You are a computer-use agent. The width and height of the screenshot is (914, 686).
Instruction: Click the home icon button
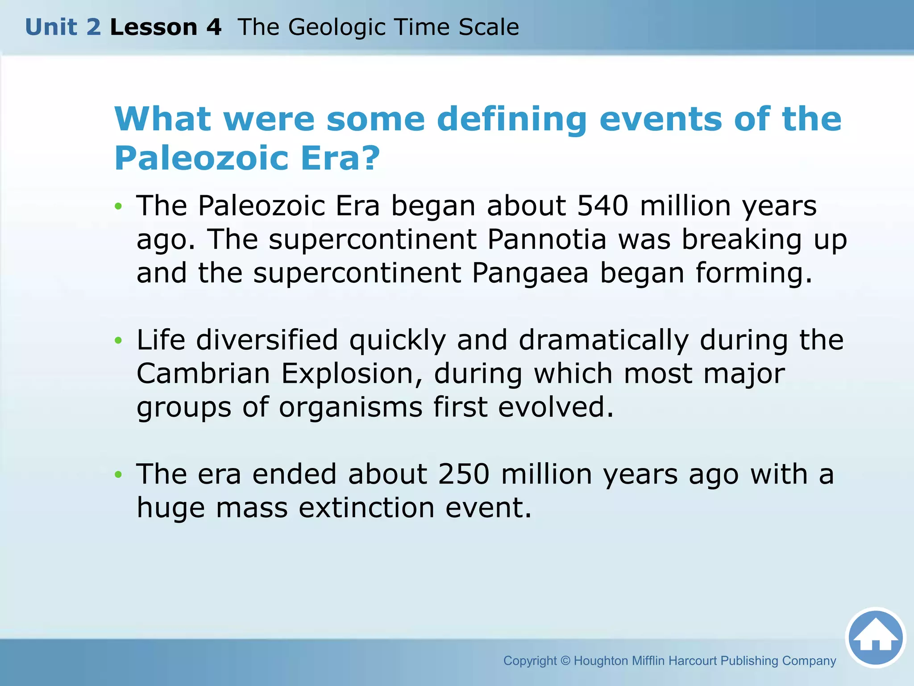coord(875,638)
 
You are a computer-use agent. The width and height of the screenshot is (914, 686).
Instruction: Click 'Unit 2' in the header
coord(63,27)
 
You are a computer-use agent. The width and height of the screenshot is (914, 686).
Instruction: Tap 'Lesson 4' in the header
coord(166,27)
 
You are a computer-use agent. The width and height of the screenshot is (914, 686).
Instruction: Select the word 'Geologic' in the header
coord(337,27)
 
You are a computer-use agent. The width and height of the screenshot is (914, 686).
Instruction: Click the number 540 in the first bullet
coord(602,206)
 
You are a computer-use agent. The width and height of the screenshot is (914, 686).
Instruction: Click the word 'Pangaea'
coord(530,273)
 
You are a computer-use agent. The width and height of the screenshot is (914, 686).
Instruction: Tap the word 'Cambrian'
coord(203,373)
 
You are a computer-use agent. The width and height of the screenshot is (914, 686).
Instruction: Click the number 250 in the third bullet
coord(464,474)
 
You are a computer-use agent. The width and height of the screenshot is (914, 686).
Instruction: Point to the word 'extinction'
coord(366,508)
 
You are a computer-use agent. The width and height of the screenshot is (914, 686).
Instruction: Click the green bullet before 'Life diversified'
coord(118,341)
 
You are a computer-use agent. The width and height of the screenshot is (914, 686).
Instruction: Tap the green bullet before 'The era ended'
coord(118,475)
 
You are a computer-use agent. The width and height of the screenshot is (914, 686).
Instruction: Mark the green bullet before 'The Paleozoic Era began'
coord(118,206)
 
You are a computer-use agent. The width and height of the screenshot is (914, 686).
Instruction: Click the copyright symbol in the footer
coord(565,661)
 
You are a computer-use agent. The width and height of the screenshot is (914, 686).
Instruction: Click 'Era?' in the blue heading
coord(340,158)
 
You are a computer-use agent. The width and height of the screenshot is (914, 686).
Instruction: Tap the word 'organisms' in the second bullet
coord(351,407)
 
